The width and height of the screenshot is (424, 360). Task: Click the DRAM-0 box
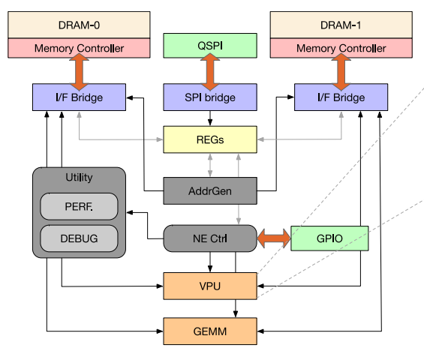[79, 25]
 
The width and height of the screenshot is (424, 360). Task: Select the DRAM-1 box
[341, 25]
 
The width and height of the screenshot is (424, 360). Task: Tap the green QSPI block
[210, 46]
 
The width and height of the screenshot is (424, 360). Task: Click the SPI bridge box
[210, 97]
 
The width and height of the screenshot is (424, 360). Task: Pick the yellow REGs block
[210, 139]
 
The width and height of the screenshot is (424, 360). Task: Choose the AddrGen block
[210, 190]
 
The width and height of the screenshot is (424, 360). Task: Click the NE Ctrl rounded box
[210, 238]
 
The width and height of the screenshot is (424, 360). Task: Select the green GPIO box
[329, 238]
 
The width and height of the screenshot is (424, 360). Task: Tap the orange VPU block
[210, 286]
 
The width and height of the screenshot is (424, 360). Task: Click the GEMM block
[210, 331]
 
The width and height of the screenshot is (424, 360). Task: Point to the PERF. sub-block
[79, 206]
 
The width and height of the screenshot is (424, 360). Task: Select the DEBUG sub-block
[79, 238]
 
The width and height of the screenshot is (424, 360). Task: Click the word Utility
[79, 177]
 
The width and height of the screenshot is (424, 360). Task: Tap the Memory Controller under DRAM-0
[79, 48]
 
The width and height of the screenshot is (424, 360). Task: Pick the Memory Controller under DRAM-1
[341, 48]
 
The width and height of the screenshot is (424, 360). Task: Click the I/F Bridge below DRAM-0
[79, 97]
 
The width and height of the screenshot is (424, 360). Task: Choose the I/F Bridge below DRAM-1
[341, 97]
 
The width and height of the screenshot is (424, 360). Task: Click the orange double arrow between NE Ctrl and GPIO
[274, 238]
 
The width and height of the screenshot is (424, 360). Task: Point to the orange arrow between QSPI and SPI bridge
[210, 71]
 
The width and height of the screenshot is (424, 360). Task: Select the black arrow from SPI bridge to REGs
[210, 118]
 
